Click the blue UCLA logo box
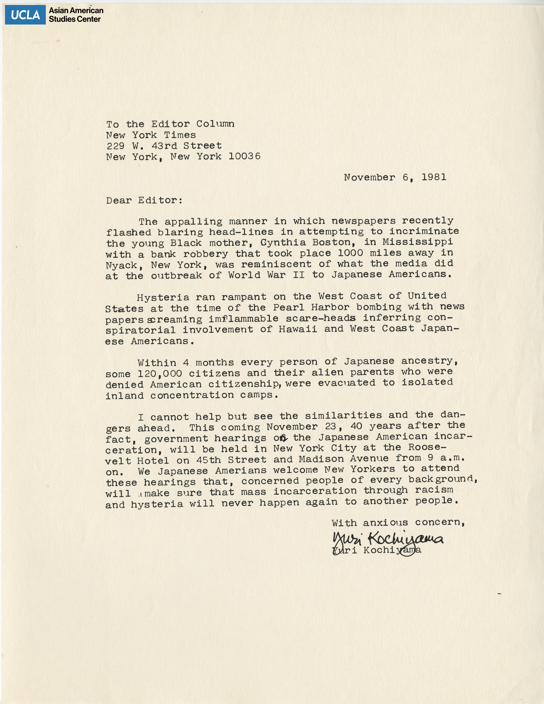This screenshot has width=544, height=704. click(x=25, y=15)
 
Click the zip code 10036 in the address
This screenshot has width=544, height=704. click(x=245, y=156)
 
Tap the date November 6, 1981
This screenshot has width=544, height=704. click(x=395, y=177)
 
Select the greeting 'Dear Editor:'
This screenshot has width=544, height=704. click(x=144, y=201)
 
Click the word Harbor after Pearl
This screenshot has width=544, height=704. click(x=330, y=307)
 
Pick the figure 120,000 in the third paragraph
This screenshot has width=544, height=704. click(x=160, y=374)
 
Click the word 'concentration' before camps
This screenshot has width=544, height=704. click(x=192, y=395)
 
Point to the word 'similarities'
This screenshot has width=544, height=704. click(x=343, y=416)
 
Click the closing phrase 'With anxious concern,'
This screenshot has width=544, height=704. click(x=398, y=523)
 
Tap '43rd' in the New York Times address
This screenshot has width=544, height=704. click(x=164, y=146)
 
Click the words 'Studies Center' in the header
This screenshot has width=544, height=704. click(x=75, y=19)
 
